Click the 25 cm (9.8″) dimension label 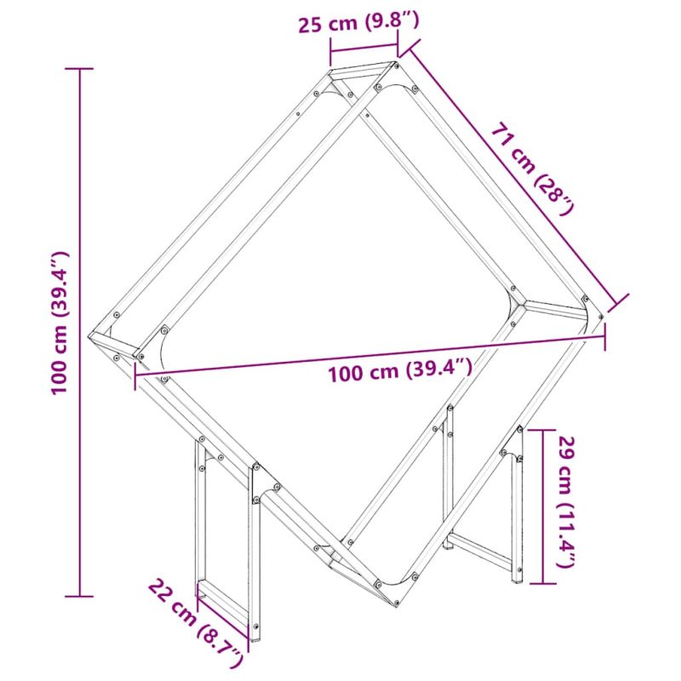[x=358, y=23]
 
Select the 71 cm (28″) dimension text [x=534, y=169]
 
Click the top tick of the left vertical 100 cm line [x=79, y=69]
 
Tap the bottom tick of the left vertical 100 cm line [x=79, y=597]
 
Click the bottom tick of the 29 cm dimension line [x=542, y=583]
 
